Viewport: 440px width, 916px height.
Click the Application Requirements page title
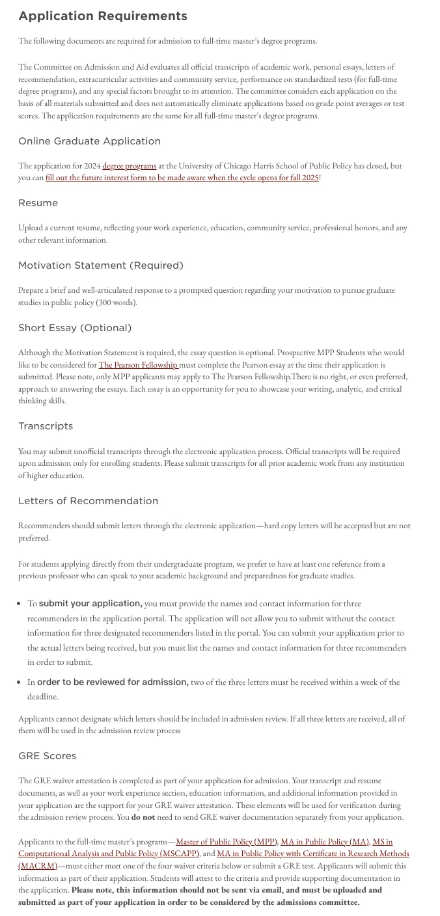(x=103, y=16)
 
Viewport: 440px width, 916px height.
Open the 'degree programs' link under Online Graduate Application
(x=129, y=167)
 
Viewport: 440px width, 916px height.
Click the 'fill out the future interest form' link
(x=182, y=178)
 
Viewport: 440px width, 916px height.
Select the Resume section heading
(x=38, y=203)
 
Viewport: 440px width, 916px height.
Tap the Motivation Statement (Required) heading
(x=101, y=265)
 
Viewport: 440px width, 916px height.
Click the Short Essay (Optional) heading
(x=75, y=328)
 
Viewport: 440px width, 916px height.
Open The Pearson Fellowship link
(x=138, y=366)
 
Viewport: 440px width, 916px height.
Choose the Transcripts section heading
(x=46, y=426)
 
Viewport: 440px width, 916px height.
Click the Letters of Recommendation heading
(x=88, y=501)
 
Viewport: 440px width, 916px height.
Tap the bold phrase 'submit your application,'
(x=90, y=604)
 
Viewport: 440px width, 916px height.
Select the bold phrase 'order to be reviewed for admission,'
(x=113, y=682)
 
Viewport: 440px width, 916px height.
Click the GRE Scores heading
(x=48, y=756)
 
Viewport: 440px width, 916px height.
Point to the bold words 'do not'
(x=143, y=818)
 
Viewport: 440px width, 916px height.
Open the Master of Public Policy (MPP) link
(x=227, y=842)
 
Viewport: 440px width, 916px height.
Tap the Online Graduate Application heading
(x=89, y=141)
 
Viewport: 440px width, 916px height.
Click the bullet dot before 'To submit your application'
(x=20, y=604)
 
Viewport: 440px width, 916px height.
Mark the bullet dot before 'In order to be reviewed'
(x=20, y=683)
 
